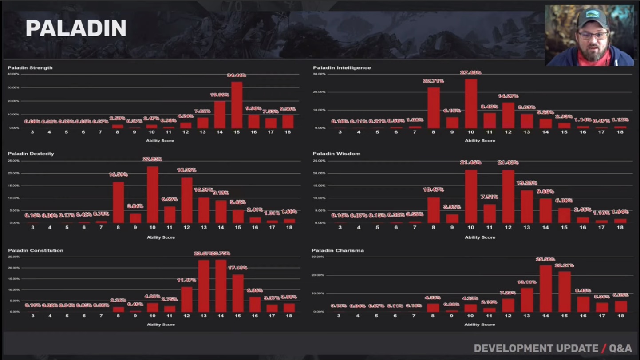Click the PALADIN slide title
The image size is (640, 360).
[76, 28]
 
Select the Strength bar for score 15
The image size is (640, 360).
[237, 105]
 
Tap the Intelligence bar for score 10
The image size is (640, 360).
[471, 103]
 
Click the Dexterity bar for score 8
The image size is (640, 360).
[119, 202]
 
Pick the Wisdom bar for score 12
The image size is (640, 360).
[508, 196]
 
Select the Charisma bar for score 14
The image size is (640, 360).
[545, 289]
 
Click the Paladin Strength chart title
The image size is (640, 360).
[30, 68]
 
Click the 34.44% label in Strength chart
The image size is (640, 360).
[237, 75]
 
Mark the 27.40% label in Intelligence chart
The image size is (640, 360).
[471, 72]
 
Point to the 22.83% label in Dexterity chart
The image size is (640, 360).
[153, 159]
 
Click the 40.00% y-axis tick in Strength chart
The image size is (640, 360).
[13, 74]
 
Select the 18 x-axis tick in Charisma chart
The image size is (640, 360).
[620, 316]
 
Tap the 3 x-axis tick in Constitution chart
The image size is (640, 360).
[32, 316]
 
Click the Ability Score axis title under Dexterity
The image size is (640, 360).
[161, 237]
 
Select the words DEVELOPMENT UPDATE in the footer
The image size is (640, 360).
[536, 348]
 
